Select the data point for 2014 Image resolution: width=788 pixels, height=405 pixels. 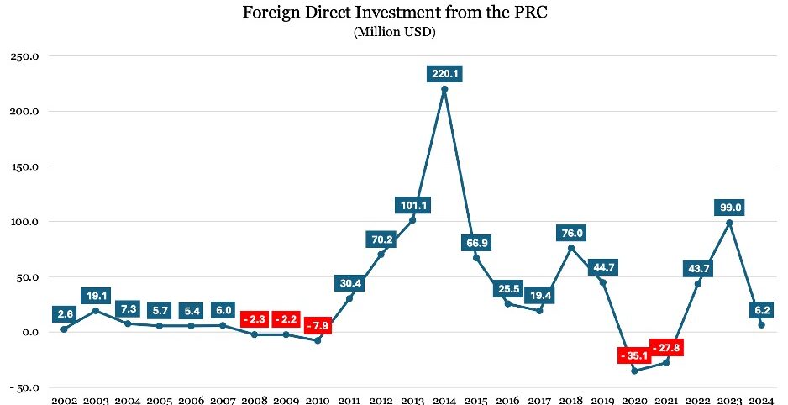[444, 89]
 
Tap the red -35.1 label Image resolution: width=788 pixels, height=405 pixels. [634, 355]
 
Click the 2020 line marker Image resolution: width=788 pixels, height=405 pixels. [634, 371]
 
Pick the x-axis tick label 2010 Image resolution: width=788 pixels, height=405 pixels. [318, 398]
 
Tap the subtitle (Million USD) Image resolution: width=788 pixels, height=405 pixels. [394, 33]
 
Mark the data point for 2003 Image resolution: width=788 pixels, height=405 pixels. [96, 310]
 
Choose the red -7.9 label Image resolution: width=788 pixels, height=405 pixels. [318, 325]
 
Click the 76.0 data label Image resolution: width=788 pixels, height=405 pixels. [571, 233]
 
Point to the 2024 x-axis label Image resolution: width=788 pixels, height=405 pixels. [761, 398]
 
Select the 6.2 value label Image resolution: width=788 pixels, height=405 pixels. [761, 310]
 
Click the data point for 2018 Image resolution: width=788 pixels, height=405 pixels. [571, 248]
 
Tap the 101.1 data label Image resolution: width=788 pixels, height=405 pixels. [412, 205]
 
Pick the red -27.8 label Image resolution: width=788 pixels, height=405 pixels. [666, 347]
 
